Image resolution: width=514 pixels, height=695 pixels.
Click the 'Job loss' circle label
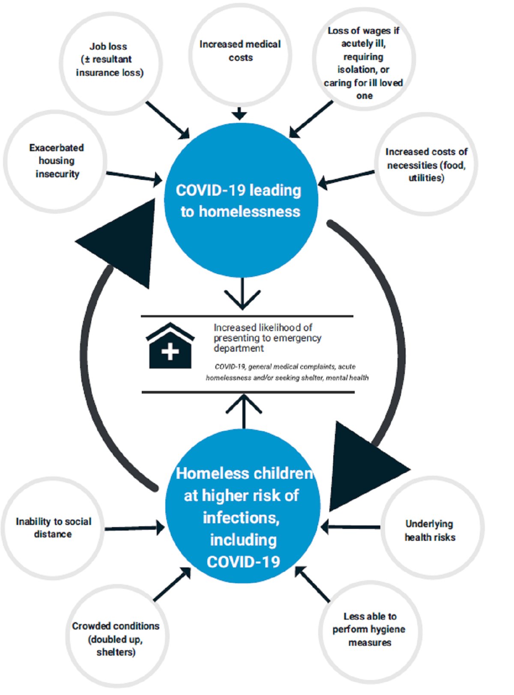pyautogui.click(x=109, y=60)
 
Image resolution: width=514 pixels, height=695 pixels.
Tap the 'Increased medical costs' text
pyautogui.click(x=240, y=51)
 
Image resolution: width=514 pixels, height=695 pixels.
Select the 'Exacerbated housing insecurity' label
pyautogui.click(x=57, y=161)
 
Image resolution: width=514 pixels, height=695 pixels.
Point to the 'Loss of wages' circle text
pyautogui.click(x=363, y=63)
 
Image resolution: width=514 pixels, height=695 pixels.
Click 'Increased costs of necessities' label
pyautogui.click(x=426, y=164)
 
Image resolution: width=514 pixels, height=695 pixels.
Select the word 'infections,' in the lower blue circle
pyautogui.click(x=241, y=518)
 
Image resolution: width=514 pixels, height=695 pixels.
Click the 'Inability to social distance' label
pyautogui.click(x=53, y=528)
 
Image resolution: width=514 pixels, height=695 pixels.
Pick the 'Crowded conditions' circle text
pyautogui.click(x=116, y=638)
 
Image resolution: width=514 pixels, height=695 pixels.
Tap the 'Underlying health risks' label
pyautogui.click(x=430, y=531)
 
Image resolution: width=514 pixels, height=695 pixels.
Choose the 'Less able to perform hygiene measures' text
pyautogui.click(x=369, y=629)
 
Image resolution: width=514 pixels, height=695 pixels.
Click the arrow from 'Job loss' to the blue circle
pyautogui.click(x=168, y=120)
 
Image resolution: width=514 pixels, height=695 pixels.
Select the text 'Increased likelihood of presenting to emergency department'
pyautogui.click(x=267, y=338)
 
